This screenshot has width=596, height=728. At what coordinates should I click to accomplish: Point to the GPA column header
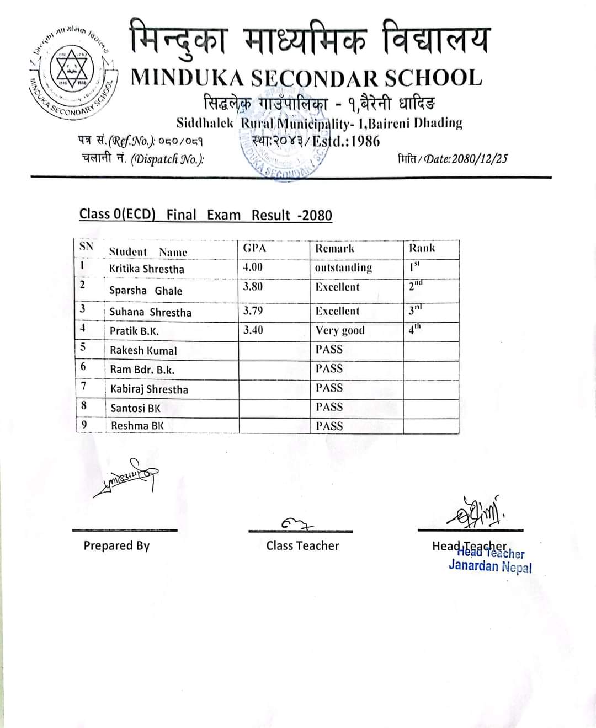point(254,248)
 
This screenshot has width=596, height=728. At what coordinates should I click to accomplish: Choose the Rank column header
point(422,248)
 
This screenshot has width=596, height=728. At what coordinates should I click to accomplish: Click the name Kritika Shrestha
point(147,269)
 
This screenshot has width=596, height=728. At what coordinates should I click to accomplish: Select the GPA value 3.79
point(253,311)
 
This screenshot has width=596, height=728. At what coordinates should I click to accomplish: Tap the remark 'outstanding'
point(343,268)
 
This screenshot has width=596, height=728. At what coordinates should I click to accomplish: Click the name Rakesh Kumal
point(143,350)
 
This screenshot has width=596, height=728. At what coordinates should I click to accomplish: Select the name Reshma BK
point(137,425)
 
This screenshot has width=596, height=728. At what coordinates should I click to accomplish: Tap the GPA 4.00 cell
point(253,267)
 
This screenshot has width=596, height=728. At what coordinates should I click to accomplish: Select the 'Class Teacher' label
point(302,545)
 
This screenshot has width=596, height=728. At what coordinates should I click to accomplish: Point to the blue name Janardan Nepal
point(490,566)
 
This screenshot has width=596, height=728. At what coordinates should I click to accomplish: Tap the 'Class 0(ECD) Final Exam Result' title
point(206,215)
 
